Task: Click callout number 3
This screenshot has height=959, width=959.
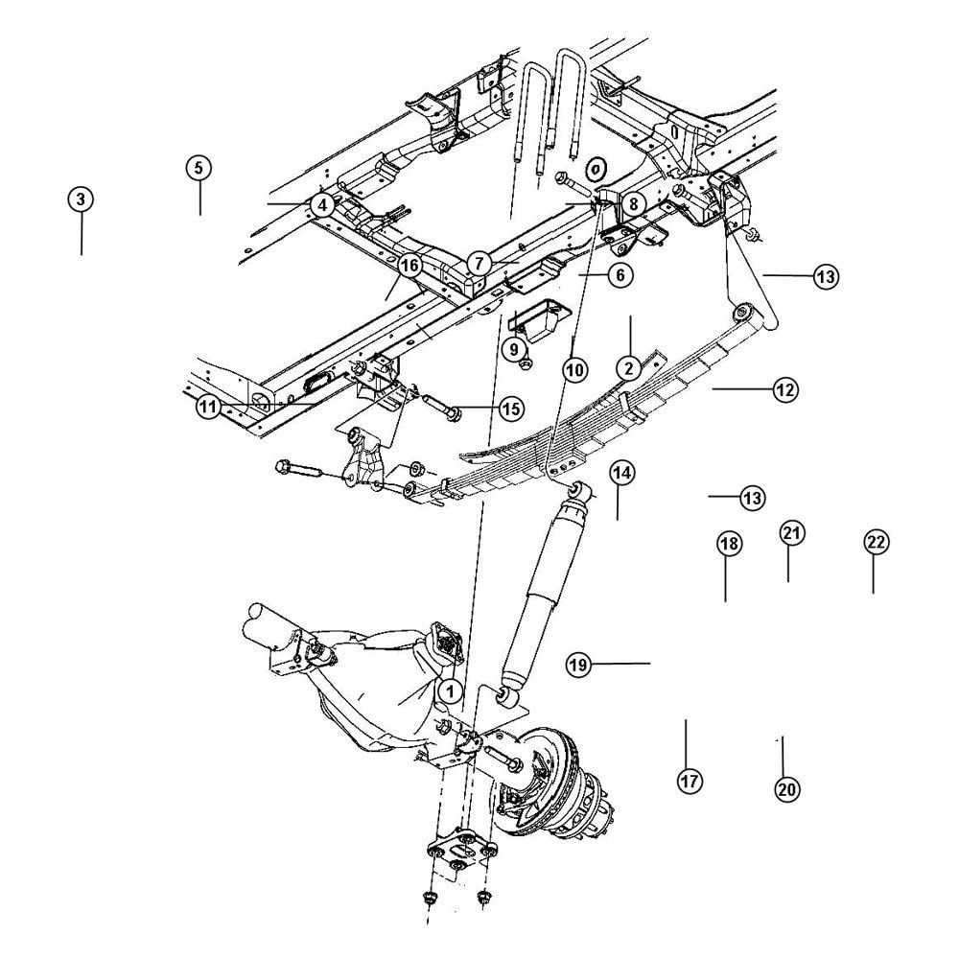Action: (x=81, y=199)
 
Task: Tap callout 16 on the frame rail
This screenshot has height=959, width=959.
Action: (x=409, y=265)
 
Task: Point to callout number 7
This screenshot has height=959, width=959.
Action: (x=479, y=261)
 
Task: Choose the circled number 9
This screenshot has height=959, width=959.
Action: (x=514, y=349)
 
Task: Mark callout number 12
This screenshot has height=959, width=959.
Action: (x=784, y=389)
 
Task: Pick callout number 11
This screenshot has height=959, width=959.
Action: (x=209, y=407)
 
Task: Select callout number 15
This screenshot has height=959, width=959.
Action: (x=510, y=409)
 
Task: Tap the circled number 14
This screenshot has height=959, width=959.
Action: (x=620, y=472)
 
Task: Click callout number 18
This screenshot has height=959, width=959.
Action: (x=728, y=544)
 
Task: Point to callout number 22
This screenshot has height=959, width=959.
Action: (x=875, y=542)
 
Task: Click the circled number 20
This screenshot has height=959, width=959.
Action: (x=786, y=788)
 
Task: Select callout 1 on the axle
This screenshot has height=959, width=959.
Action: (x=449, y=689)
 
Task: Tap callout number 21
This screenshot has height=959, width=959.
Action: (x=790, y=533)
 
